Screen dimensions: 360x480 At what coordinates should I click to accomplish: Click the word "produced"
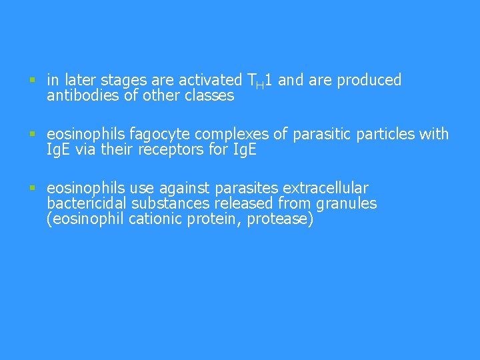[369, 81]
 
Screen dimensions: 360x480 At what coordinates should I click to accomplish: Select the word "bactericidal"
[86, 203]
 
